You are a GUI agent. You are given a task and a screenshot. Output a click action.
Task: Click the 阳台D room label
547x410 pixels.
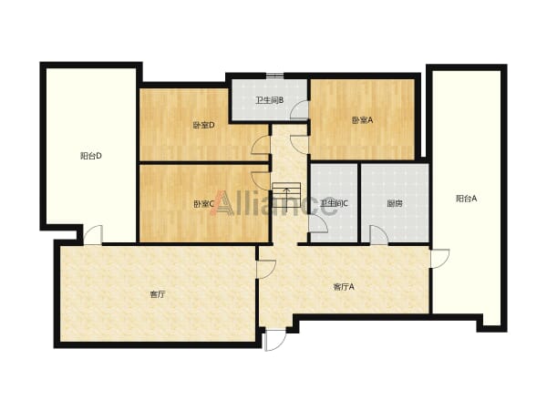[x=90, y=156]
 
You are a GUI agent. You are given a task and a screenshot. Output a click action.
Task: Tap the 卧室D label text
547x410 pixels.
[x=203, y=125]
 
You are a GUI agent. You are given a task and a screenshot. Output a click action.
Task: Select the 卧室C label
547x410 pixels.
[x=203, y=203]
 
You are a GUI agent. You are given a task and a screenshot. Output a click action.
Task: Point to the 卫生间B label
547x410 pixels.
[x=269, y=100]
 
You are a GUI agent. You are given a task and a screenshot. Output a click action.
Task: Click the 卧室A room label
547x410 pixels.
[x=362, y=120]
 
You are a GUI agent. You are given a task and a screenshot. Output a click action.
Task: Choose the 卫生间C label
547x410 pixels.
[x=335, y=203]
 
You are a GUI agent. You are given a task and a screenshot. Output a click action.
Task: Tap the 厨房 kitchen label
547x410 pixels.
[x=395, y=203]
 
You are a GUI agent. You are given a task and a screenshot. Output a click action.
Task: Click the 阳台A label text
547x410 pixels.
[x=466, y=199]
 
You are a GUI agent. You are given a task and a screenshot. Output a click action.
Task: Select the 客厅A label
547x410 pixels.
[x=344, y=287]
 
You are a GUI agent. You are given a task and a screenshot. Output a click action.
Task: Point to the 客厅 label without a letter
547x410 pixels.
[x=158, y=294]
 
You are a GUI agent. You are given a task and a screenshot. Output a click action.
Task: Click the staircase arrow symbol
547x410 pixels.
[x=286, y=200]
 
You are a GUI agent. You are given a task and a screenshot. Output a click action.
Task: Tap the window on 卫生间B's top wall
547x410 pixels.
[x=275, y=76]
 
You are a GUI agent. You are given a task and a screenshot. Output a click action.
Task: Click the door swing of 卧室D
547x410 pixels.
[x=261, y=145]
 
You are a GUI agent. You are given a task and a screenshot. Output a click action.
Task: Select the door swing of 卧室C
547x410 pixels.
[x=261, y=181]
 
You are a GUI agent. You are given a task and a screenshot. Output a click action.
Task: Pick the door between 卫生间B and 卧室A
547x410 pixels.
[x=299, y=110]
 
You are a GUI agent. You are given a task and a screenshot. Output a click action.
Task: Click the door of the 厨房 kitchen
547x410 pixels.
[x=379, y=235]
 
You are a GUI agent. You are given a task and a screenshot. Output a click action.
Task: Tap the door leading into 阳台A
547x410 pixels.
[x=440, y=259]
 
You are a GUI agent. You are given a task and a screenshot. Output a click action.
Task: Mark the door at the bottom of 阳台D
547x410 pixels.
[x=93, y=235]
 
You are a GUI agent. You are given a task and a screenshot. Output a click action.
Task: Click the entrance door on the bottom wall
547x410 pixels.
[x=275, y=340]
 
